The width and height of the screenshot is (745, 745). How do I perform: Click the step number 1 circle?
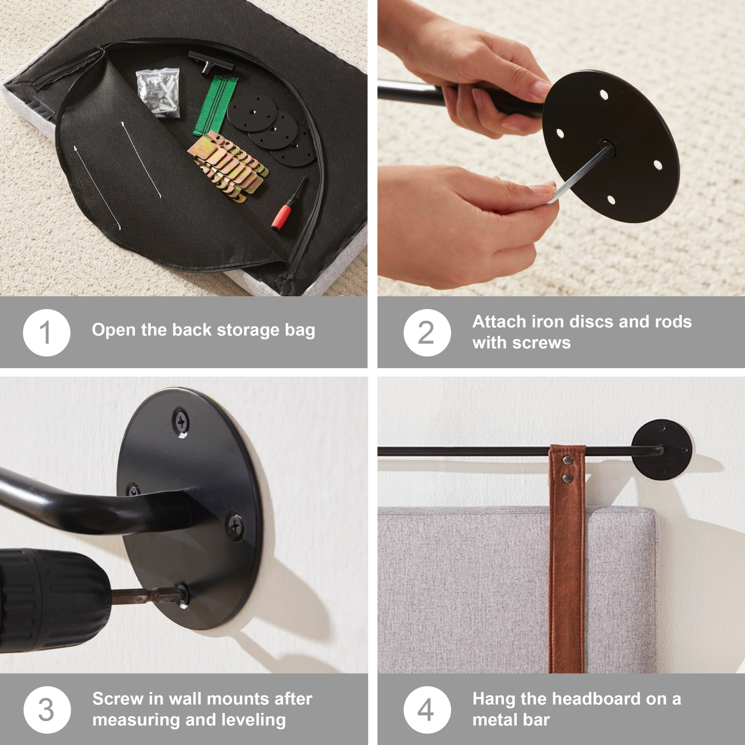pos(46,332)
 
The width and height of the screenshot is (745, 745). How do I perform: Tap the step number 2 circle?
pos(427,332)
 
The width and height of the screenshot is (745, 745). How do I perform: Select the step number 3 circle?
pos(47,709)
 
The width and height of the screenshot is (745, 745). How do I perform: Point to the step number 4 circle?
pos(427,709)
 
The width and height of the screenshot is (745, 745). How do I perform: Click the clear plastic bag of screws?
pos(158,92)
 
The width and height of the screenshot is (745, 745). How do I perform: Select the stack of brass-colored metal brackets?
pos(227,166)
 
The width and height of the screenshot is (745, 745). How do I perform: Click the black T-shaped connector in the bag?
pos(210,63)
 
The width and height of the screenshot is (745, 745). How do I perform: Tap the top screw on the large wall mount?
pos(181,422)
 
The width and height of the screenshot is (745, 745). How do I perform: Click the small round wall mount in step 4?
pos(662,450)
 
